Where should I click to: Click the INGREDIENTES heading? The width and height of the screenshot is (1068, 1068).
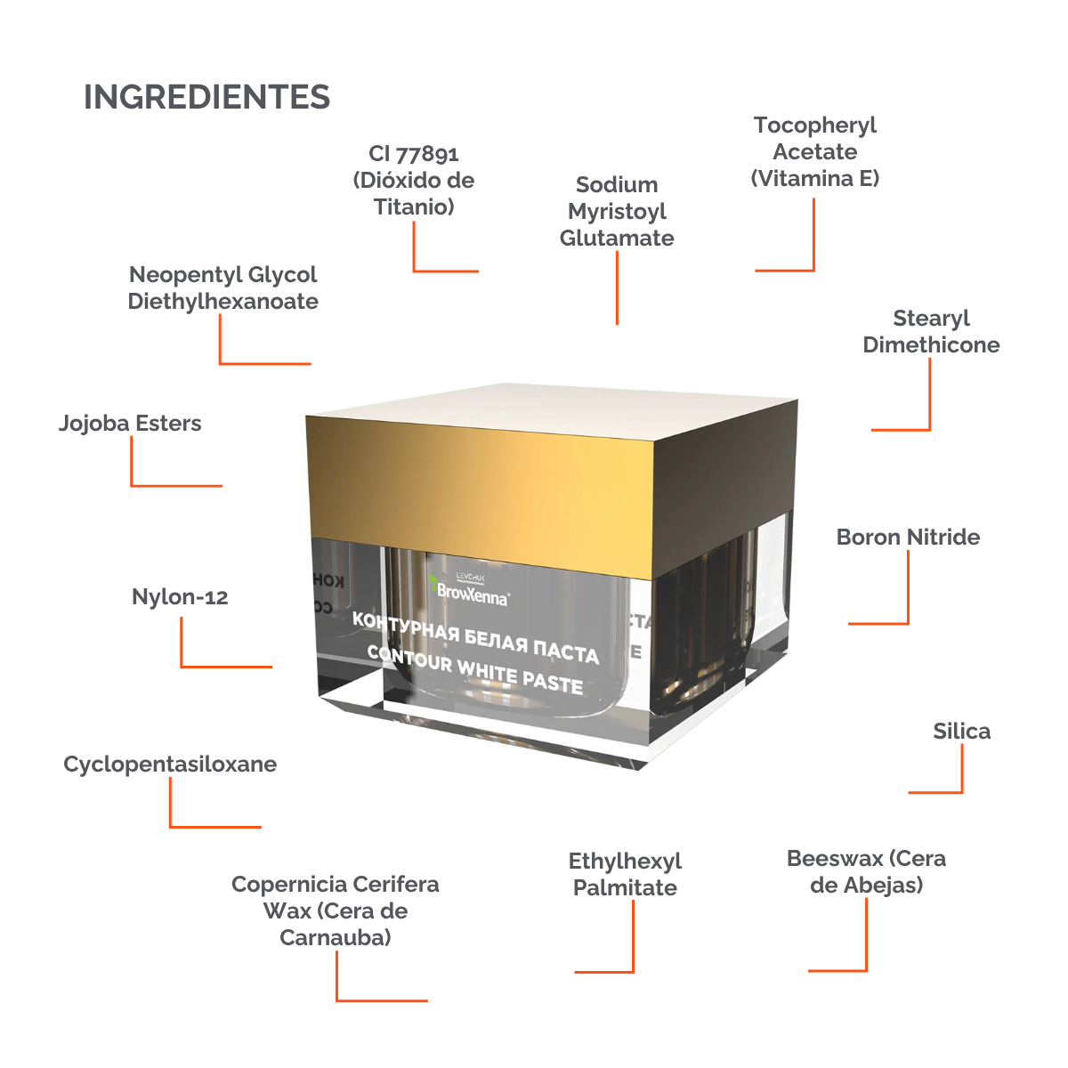tap(206, 97)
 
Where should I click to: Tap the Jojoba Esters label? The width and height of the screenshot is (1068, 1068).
tap(130, 424)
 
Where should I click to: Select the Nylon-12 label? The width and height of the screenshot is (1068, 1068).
tap(180, 597)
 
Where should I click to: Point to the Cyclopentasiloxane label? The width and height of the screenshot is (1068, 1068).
tap(170, 765)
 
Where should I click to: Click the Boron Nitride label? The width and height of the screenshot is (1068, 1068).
tap(908, 538)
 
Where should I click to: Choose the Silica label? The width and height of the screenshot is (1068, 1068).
tap(961, 732)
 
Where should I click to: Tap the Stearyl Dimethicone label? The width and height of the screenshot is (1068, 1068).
tap(931, 332)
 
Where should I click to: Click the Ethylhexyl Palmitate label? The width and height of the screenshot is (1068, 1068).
tap(625, 875)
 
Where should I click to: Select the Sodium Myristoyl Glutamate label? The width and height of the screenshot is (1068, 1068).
tap(617, 212)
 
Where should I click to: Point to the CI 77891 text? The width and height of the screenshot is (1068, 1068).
tap(414, 154)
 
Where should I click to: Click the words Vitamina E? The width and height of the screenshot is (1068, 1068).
tap(815, 179)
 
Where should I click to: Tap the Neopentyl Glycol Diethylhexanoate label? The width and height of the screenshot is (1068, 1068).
tap(222, 288)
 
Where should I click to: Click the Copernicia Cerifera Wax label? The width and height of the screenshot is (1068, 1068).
tap(335, 911)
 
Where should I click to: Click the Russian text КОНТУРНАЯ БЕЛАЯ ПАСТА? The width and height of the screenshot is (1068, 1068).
tap(475, 636)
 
